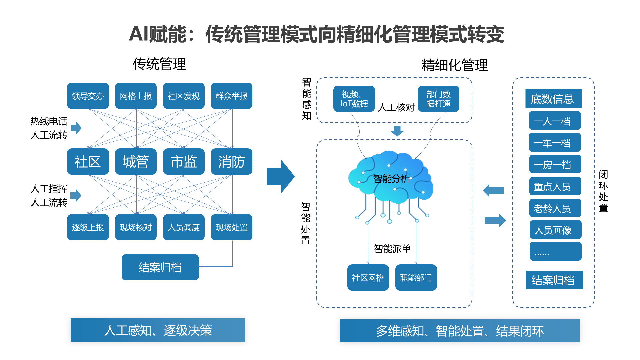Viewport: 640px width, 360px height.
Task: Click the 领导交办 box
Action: click(x=88, y=96)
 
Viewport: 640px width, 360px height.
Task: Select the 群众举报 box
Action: click(x=232, y=96)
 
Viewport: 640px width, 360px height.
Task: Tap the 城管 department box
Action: click(x=136, y=162)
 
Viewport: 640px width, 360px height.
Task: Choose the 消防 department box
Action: click(x=232, y=162)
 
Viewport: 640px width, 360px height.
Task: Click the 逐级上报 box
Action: click(x=88, y=227)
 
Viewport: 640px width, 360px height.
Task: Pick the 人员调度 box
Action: click(x=184, y=227)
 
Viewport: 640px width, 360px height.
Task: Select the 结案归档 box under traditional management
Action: click(x=160, y=267)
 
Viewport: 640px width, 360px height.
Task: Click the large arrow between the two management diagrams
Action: click(x=280, y=177)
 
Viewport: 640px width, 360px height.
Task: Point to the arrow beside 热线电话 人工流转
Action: click(x=76, y=128)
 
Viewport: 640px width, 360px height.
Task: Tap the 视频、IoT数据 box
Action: click(x=354, y=99)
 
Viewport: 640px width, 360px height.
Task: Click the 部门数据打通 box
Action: click(x=438, y=99)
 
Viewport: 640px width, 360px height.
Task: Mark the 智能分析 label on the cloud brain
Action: click(x=391, y=179)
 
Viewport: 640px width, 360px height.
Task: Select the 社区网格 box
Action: click(x=368, y=278)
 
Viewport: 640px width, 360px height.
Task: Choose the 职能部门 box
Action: click(x=416, y=278)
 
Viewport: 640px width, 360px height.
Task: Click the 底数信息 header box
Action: click(x=553, y=99)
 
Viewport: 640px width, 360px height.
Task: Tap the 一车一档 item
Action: click(x=555, y=143)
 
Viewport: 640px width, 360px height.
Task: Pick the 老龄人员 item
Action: click(x=555, y=208)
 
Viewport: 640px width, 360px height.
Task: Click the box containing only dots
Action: click(x=555, y=251)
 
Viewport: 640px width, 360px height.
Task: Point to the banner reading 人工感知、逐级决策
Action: click(x=158, y=330)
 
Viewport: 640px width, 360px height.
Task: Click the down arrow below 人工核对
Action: click(x=397, y=131)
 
